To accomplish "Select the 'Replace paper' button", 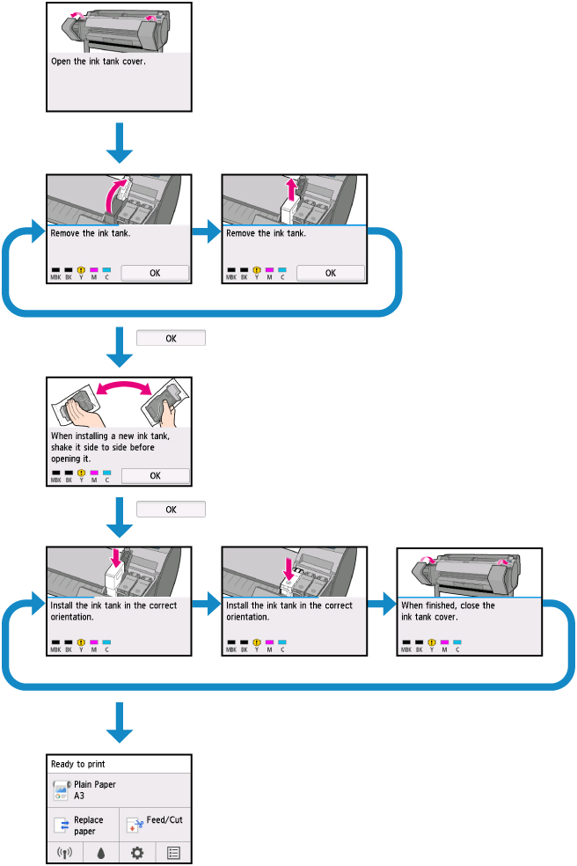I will click(83, 825).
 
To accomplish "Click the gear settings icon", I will click(137, 853).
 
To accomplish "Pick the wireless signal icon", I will click(64, 853).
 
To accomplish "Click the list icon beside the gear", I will click(173, 853).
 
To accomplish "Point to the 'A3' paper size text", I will click(80, 795).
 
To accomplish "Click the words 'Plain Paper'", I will click(94, 784).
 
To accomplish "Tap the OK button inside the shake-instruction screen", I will click(155, 475).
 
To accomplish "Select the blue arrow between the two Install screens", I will click(207, 605).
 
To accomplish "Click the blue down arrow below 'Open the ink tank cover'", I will click(118, 143).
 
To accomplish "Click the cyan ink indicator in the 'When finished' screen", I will click(457, 643).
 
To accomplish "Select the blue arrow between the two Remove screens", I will click(207, 232).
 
